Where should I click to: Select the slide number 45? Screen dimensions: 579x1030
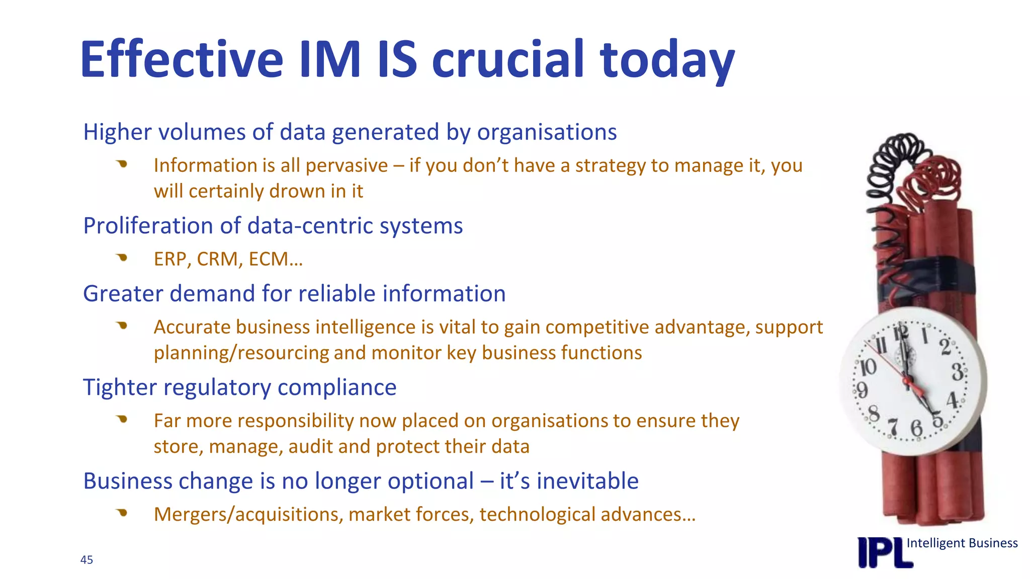click(87, 560)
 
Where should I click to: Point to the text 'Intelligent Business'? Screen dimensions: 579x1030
click(962, 543)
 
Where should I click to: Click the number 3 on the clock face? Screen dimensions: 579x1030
click(958, 372)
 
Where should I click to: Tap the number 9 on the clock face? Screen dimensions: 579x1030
click(862, 390)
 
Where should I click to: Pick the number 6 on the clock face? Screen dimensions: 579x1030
click(917, 429)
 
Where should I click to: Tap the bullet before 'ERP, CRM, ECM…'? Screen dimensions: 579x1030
click(122, 258)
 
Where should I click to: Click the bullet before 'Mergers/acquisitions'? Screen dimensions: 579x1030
click(122, 513)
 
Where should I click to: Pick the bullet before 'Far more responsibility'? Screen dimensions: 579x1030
click(122, 419)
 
